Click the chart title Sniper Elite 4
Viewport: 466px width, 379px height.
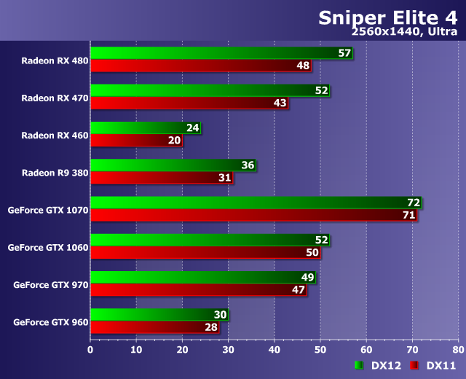387,17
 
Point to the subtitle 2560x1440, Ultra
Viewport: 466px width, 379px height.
403,33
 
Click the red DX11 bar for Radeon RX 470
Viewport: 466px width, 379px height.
189,103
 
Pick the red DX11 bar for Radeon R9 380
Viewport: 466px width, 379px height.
161,178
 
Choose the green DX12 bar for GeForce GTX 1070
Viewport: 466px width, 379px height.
255,203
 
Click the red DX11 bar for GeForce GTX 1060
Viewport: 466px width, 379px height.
205,252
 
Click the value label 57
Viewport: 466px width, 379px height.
344,53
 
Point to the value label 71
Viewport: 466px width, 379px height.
408,215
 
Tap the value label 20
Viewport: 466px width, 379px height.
174,140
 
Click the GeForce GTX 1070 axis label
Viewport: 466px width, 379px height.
48,210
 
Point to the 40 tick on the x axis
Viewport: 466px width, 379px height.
274,349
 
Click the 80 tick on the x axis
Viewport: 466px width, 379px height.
457,349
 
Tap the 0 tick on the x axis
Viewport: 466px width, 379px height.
90,349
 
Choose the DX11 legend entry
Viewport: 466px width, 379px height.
433,365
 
